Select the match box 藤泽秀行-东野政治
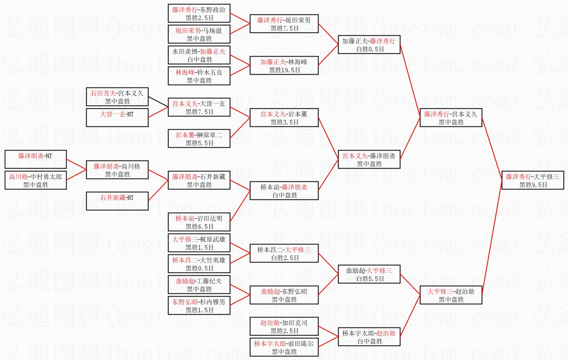coord(199,14)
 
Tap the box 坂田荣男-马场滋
coord(199,35)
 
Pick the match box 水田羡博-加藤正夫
coord(199,55)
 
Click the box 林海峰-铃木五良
coord(199,76)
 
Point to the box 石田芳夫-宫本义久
coord(117,97)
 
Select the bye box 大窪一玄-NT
coord(117,118)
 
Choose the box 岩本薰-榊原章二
coord(199,139)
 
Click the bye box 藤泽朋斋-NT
coord(36,159)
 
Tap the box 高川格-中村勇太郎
coord(36,181)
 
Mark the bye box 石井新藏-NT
coord(117,201)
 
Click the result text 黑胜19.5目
coord(284,70)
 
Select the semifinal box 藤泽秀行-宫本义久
coord(451,118)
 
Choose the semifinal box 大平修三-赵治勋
coord(451,295)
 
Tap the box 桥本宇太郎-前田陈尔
coord(284,348)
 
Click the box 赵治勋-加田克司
coord(284,327)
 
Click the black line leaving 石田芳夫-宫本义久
coord(158,102)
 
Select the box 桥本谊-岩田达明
coord(199,222)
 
